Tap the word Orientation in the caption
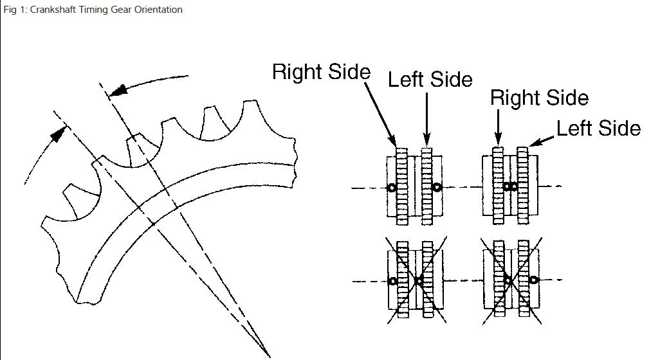point(158,10)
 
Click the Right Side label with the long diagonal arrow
point(321,71)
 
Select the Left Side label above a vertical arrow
point(430,79)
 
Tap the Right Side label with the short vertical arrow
point(539,98)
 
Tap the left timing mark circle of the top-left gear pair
point(390,188)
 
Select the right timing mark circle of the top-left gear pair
point(437,188)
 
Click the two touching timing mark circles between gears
point(510,186)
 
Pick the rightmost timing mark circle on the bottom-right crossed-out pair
point(533,280)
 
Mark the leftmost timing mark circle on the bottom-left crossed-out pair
point(391,281)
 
